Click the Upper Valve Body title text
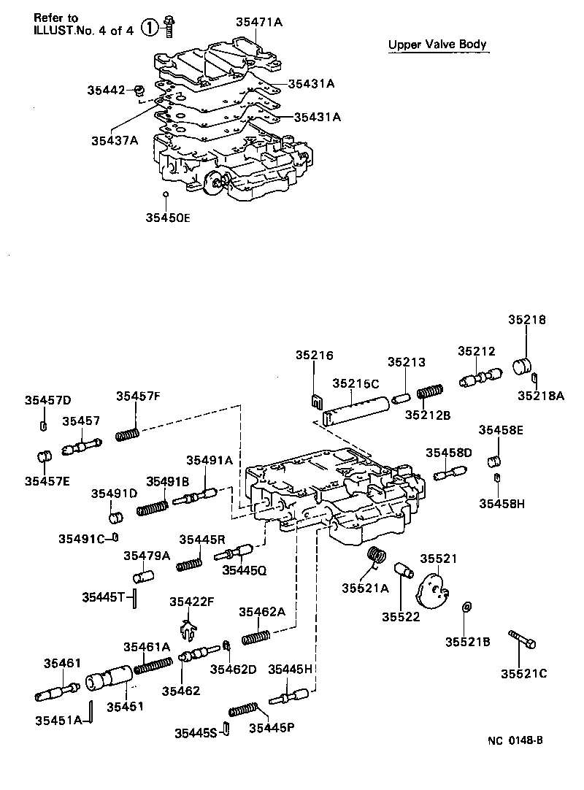click(437, 45)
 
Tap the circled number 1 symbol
click(149, 28)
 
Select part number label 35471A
click(258, 22)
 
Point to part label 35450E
click(167, 217)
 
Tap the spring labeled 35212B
click(429, 393)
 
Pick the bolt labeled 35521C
click(523, 640)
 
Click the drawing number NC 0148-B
click(515, 740)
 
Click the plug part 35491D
click(115, 518)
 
